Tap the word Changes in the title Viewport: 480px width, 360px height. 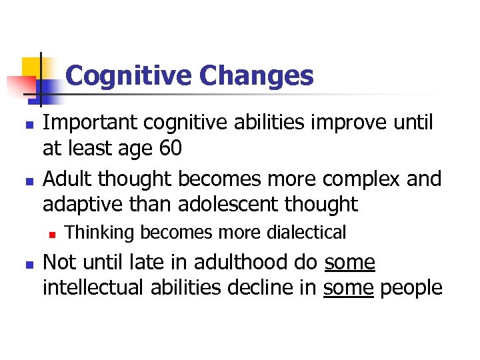[x=256, y=76]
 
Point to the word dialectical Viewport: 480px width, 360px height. [x=307, y=233]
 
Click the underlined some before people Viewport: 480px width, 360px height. [x=348, y=287]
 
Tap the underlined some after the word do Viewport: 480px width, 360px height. [x=350, y=263]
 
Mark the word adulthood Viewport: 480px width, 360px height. [x=241, y=263]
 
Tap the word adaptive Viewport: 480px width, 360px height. [x=85, y=204]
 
